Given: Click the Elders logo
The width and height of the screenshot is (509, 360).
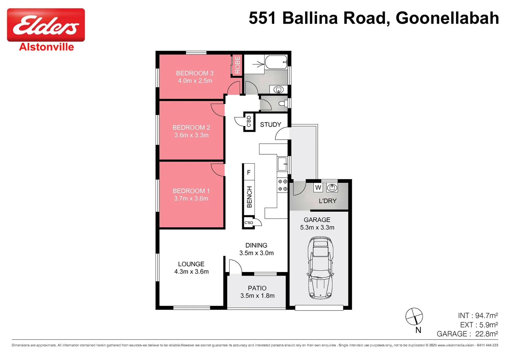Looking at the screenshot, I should tap(46, 25).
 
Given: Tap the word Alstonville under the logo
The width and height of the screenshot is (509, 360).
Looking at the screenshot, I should tap(46, 47).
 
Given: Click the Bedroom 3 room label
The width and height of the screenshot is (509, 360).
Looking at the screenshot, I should tap(195, 73).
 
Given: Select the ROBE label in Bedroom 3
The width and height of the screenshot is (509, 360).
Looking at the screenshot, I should tap(237, 65).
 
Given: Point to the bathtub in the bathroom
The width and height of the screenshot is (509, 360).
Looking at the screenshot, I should tap(276, 62).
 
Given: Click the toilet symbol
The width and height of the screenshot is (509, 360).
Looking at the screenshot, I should tap(283, 103).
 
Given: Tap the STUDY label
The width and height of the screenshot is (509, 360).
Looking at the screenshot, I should tap(270, 125).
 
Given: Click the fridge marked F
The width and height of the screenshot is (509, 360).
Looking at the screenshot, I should tap(249, 172).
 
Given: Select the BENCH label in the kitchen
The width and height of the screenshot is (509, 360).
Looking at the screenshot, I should tap(249, 197).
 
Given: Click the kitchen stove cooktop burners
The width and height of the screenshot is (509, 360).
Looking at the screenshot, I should tap(282, 185).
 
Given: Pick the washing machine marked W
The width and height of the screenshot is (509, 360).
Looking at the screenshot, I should tap(318, 188).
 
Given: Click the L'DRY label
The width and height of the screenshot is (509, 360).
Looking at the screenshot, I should tap(327, 201).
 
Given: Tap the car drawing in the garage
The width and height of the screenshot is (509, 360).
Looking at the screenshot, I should tap(320, 267).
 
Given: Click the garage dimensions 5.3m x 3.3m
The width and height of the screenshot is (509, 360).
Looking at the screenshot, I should tap(317, 228).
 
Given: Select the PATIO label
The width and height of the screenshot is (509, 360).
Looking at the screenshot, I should tap(257, 288).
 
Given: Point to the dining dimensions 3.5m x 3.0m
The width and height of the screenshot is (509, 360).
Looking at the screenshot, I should tap(256, 253).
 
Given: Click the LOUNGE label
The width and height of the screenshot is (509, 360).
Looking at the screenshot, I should tap(191, 264).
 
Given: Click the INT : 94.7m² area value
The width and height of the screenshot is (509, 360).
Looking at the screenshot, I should tap(478, 315).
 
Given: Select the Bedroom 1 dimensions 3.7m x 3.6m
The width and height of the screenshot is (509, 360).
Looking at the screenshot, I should tap(191, 199).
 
